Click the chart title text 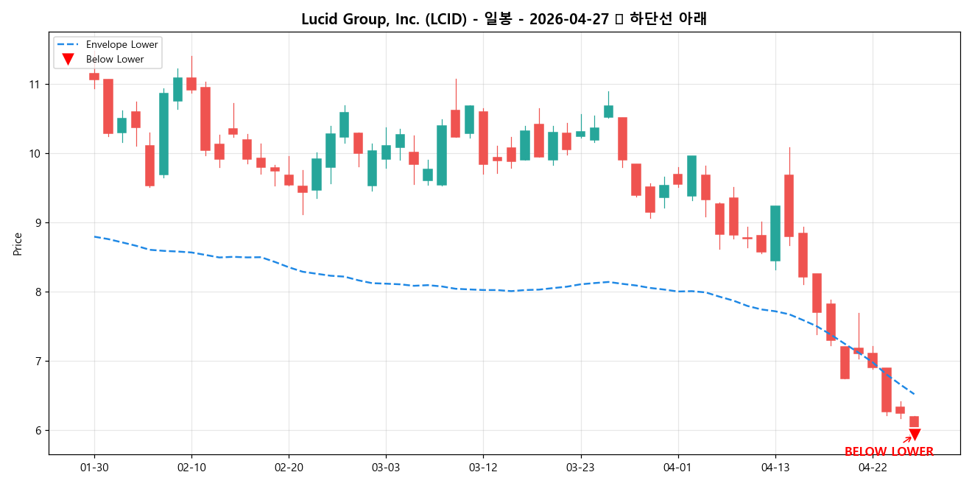pos(504,19)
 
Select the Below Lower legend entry pos(115,59)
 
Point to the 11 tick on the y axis pos(34,85)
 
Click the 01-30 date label pos(94,467)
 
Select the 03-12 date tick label pos(483,467)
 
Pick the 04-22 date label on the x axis pos(873,467)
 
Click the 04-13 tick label pos(775,467)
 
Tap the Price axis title pos(18,244)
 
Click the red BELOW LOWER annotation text pos(889,451)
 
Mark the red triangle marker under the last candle pos(915,435)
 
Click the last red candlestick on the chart pos(914,421)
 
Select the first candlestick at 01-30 pos(94,76)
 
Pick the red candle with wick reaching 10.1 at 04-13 pos(789,205)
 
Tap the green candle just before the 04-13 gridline pos(775,233)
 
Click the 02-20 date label pos(289,467)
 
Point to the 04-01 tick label pos(678,467)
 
